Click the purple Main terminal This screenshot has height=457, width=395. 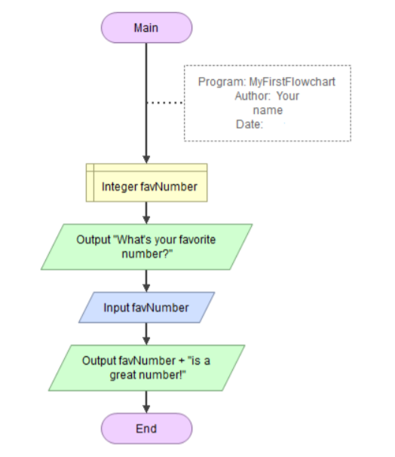pyautogui.click(x=146, y=28)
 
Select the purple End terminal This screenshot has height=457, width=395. pyautogui.click(x=146, y=428)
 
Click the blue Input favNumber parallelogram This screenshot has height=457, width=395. pyautogui.click(x=146, y=308)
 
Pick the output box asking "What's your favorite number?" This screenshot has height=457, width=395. pyautogui.click(x=146, y=246)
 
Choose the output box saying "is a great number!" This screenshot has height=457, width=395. pyautogui.click(x=146, y=367)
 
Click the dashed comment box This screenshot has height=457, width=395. pyautogui.click(x=268, y=103)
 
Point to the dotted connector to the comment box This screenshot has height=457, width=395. pyautogui.click(x=165, y=103)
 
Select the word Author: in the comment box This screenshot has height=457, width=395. pyautogui.click(x=253, y=96)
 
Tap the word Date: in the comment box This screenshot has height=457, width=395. pyautogui.click(x=249, y=124)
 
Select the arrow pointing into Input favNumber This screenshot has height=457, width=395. pyautogui.click(x=146, y=281)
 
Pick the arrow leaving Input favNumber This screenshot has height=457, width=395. pyautogui.click(x=146, y=333)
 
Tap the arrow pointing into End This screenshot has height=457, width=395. pyautogui.click(x=146, y=401)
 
